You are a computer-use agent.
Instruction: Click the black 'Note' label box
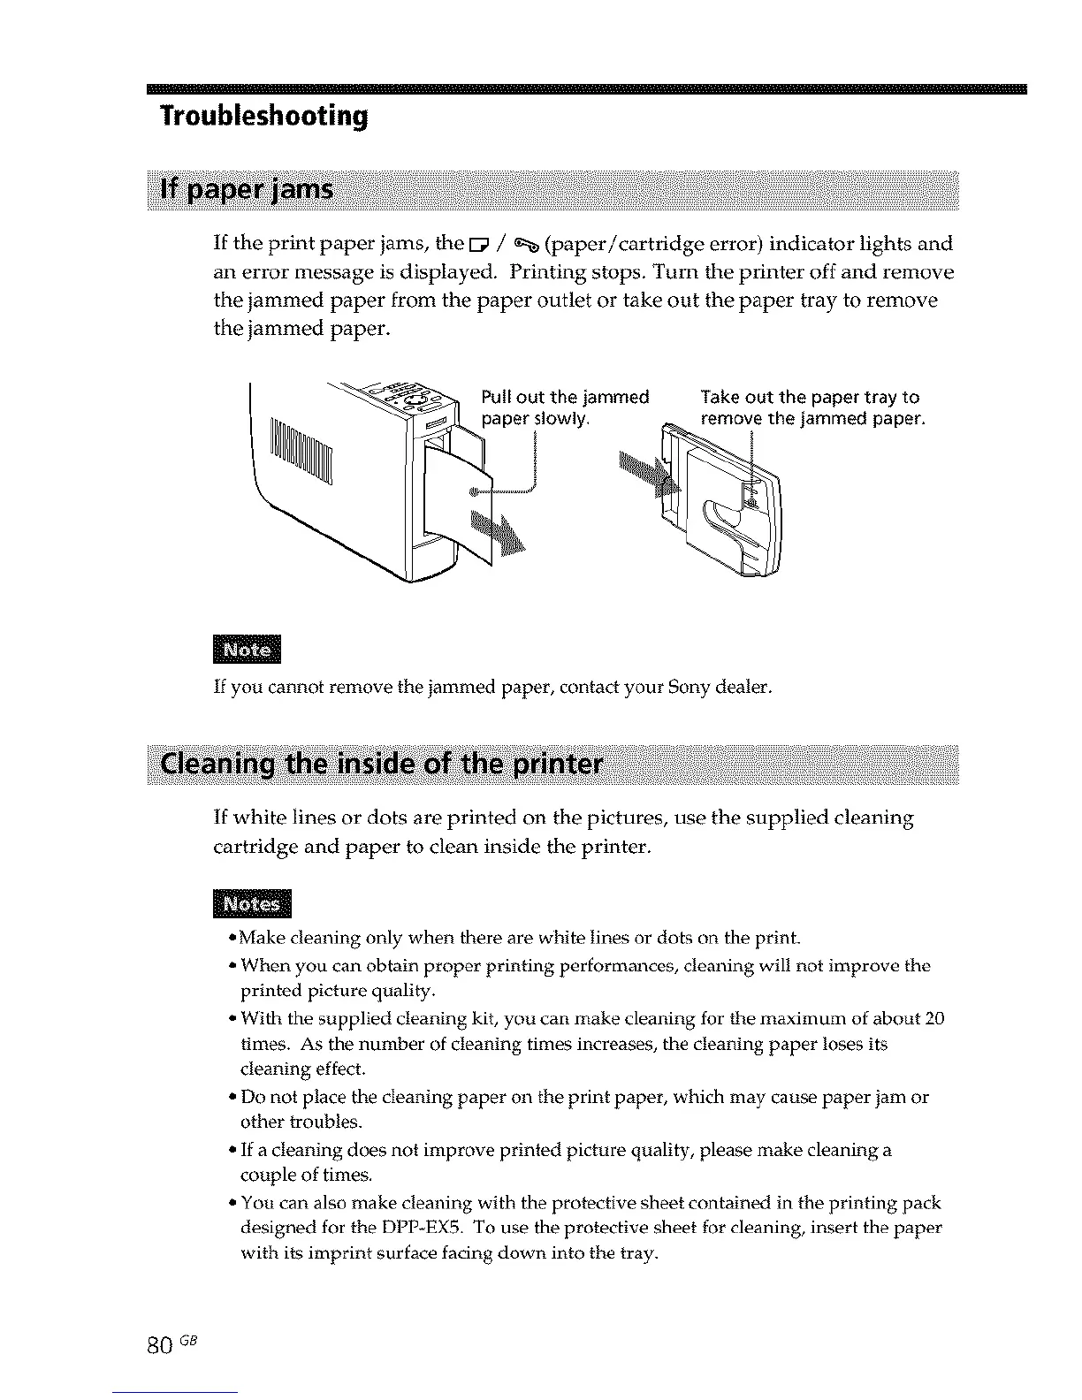(247, 650)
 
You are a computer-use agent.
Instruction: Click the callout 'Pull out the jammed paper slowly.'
(565, 407)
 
